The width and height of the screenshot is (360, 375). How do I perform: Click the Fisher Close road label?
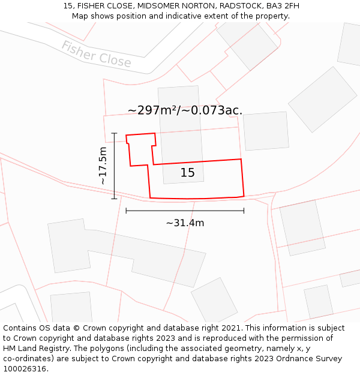(x=96, y=54)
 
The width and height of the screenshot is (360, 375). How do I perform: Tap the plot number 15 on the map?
(x=188, y=173)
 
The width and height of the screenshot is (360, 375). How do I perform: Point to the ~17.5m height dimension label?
(x=103, y=166)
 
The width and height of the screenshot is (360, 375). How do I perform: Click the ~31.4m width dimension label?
(x=185, y=223)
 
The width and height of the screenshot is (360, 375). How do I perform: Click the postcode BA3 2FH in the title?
(x=283, y=6)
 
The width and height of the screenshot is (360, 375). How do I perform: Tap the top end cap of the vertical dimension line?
(x=114, y=133)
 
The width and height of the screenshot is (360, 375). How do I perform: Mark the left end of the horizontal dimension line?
(x=126, y=211)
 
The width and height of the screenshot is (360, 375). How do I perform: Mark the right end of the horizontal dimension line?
(x=244, y=211)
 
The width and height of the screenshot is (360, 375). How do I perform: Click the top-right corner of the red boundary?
(x=241, y=159)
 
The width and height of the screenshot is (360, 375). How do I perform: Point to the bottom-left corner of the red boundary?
(x=150, y=197)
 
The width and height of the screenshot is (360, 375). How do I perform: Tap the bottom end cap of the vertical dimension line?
(x=114, y=199)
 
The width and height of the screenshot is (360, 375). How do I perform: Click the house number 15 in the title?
(x=68, y=6)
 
